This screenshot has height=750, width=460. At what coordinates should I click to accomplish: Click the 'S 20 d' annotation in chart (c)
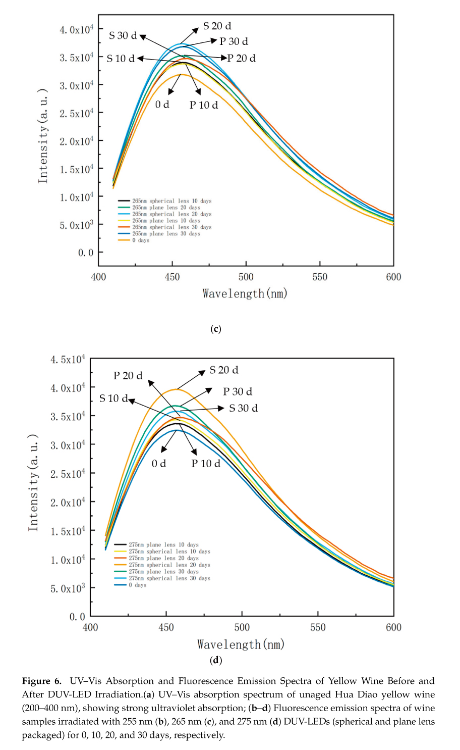pyautogui.click(x=217, y=26)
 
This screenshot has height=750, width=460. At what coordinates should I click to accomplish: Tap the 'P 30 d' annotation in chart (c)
pyautogui.click(x=234, y=41)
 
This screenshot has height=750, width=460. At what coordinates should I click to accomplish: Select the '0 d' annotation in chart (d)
pyautogui.click(x=159, y=463)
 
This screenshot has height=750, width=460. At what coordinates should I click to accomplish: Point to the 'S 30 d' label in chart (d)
pyautogui.click(x=243, y=408)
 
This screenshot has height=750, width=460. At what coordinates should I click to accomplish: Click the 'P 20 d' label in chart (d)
pyautogui.click(x=128, y=376)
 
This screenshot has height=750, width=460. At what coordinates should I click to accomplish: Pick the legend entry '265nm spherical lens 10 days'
pyautogui.click(x=171, y=201)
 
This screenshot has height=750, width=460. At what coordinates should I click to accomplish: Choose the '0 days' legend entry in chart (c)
pyautogui.click(x=141, y=240)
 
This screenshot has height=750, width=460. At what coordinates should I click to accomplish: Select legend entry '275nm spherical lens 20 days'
pyautogui.click(x=169, y=565)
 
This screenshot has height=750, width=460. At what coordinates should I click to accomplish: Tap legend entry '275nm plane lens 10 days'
pyautogui.click(x=163, y=545)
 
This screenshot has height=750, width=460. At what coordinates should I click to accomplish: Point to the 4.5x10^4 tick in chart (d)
pyautogui.click(x=68, y=360)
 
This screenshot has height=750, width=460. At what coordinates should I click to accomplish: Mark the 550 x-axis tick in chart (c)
pyautogui.click(x=320, y=277)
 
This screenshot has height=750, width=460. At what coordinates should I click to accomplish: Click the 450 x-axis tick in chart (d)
pyautogui.click(x=166, y=627)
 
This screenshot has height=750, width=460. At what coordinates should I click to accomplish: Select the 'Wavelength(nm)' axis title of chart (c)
pyautogui.click(x=245, y=293)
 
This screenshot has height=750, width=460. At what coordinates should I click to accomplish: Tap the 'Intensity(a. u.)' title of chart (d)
pyautogui.click(x=33, y=482)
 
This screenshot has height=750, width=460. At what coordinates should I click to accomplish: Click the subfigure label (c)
pyautogui.click(x=215, y=329)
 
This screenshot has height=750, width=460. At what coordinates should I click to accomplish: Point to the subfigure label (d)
pyautogui.click(x=215, y=660)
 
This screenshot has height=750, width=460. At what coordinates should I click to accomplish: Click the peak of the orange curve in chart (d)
pyautogui.click(x=176, y=389)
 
